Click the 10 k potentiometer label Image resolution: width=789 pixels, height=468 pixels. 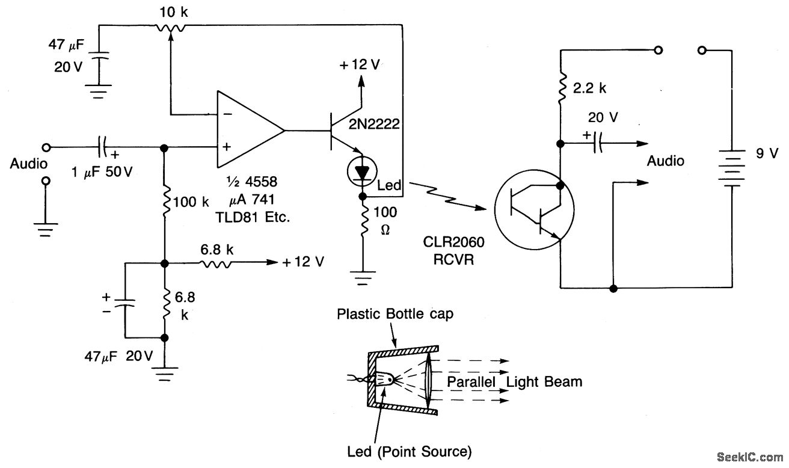(x=174, y=13)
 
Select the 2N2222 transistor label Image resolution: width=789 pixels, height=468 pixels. (x=374, y=124)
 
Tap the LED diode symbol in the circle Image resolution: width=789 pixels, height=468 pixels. (x=362, y=172)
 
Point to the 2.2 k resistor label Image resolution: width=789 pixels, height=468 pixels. (x=589, y=88)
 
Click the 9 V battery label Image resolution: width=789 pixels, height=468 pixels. (x=767, y=153)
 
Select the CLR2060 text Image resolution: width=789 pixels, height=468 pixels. (x=453, y=242)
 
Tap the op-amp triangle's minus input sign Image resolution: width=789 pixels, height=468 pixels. (x=227, y=114)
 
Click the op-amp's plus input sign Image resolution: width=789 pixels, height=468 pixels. (x=227, y=147)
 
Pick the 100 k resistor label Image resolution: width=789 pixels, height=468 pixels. (x=191, y=202)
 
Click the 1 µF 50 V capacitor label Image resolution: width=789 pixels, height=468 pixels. (x=102, y=172)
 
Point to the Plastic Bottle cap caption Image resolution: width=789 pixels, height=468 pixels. (x=395, y=314)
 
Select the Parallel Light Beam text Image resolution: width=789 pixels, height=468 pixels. (x=515, y=381)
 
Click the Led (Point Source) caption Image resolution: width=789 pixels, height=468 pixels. (x=410, y=451)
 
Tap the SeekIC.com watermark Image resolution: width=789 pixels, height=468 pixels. (x=750, y=457)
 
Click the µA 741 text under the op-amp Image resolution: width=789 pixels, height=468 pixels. (x=251, y=200)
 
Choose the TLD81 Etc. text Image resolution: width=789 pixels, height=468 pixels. (x=253, y=217)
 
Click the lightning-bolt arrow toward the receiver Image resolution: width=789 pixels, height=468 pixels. (x=447, y=197)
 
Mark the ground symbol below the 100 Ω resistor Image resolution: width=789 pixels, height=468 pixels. (x=363, y=278)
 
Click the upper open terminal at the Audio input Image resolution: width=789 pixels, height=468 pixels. (x=46, y=147)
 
